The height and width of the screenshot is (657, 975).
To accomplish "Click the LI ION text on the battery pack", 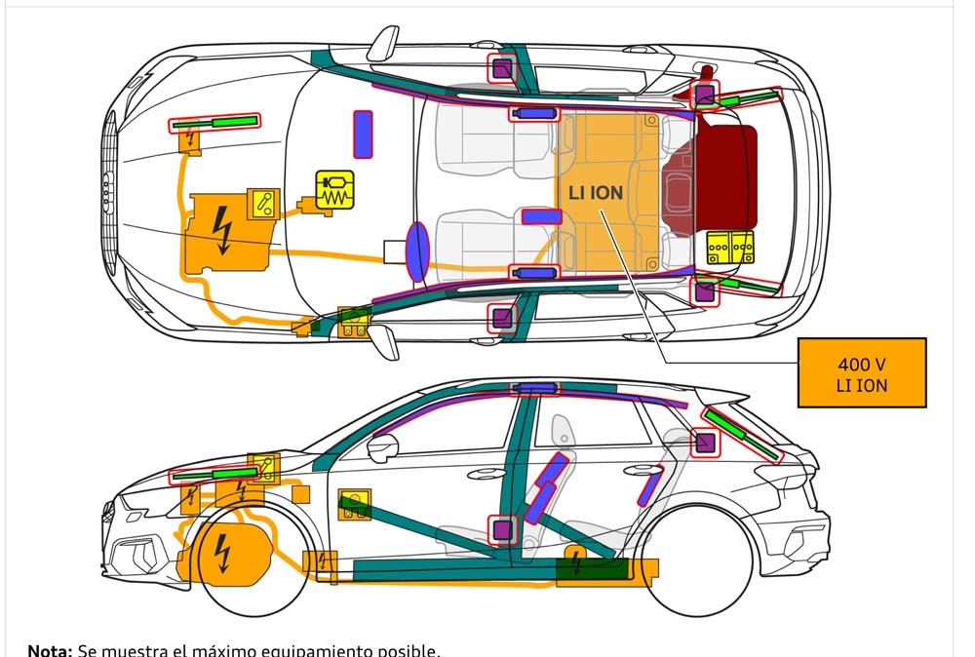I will [595, 193].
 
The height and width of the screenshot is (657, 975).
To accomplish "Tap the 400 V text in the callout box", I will [861, 365].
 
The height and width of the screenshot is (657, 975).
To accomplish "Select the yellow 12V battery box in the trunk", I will [731, 249].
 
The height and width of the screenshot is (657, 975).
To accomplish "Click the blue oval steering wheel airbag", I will [417, 251].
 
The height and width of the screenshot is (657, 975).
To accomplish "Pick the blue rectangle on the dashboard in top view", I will [363, 134].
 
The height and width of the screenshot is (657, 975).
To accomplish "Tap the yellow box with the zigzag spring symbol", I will [334, 188].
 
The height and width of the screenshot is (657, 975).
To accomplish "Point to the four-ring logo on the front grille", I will [108, 180].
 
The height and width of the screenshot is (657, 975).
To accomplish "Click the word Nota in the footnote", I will [48, 649].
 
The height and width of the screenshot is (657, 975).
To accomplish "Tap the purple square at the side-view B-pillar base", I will [502, 529].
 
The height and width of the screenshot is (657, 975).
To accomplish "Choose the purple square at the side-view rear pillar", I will [705, 443].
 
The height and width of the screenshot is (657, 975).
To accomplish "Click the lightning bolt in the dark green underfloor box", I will [578, 562].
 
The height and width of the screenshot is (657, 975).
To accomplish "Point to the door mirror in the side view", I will [383, 447].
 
